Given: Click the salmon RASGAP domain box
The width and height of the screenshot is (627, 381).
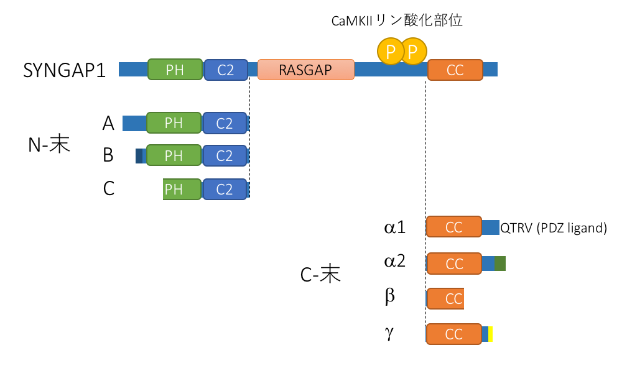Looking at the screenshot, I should click(x=305, y=70).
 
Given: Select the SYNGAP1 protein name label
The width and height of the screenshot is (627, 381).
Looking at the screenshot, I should click(x=64, y=70).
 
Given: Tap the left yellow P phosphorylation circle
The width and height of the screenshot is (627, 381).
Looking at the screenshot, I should click(x=390, y=52).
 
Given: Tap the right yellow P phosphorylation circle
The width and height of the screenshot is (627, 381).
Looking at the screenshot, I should click(x=413, y=51).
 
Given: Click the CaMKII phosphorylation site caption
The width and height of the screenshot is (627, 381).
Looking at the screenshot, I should click(x=397, y=21).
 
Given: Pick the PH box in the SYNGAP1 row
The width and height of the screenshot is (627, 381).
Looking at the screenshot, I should click(x=175, y=70).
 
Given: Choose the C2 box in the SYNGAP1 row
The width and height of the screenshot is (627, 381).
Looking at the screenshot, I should click(x=226, y=70).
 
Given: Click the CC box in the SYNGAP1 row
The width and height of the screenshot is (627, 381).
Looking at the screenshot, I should click(x=455, y=70).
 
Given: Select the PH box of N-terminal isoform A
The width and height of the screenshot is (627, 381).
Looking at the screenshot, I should click(x=174, y=123).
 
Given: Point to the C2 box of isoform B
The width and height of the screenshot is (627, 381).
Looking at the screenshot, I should click(x=225, y=155).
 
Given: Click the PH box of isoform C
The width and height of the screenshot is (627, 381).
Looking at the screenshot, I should click(x=182, y=189).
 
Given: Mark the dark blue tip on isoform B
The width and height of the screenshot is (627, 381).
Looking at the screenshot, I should click(x=139, y=155).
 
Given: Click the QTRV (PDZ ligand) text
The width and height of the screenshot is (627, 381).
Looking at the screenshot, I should click(x=554, y=228).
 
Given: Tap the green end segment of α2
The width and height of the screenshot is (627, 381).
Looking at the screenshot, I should click(x=501, y=264).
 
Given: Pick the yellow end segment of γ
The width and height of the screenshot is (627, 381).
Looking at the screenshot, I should click(x=491, y=334).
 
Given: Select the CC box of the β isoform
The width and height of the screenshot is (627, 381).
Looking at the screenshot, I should click(x=445, y=298).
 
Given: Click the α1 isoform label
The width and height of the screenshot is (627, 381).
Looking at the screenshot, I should click(x=395, y=227).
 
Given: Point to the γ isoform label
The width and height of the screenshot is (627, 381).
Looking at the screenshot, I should click(x=389, y=333).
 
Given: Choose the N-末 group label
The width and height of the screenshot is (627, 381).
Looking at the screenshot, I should click(x=49, y=145).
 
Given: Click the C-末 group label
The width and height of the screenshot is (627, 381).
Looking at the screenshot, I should click(x=320, y=274).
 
